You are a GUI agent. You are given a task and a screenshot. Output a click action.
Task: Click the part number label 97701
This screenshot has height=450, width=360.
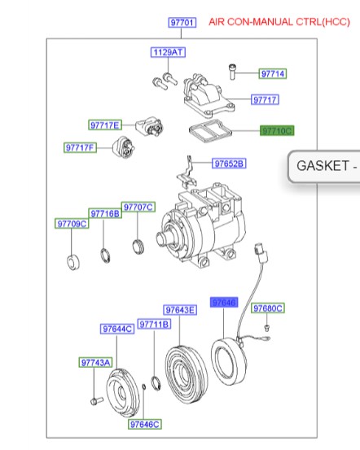(x=182, y=23)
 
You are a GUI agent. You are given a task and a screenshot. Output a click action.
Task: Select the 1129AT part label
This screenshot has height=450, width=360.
(x=169, y=53)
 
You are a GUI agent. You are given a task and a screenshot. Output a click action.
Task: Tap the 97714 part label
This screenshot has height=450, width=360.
(x=273, y=74)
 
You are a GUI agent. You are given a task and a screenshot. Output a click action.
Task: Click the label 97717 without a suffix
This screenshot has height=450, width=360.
(x=265, y=100)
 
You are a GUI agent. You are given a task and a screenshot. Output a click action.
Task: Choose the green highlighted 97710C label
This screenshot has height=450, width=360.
(x=276, y=130)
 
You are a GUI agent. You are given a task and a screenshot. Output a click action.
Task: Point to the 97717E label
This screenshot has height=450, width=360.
(x=105, y=125)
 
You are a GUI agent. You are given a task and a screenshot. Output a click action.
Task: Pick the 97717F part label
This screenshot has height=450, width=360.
(x=81, y=147)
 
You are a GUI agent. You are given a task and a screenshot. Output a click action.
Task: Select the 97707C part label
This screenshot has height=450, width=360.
(x=138, y=207)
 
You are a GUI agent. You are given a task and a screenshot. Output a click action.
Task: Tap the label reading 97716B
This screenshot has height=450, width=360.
(x=105, y=213)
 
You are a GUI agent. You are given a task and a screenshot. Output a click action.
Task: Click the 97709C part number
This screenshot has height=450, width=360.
(x=71, y=223)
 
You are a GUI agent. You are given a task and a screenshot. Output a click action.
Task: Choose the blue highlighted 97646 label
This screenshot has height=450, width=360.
(x=223, y=302)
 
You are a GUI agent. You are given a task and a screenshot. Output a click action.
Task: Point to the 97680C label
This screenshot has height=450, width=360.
(x=267, y=308)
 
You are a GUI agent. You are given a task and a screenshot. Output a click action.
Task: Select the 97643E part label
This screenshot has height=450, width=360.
(x=180, y=310)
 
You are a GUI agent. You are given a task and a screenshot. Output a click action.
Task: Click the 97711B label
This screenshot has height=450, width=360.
(x=153, y=324)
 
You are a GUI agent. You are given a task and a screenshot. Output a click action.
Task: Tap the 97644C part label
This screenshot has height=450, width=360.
(x=117, y=329)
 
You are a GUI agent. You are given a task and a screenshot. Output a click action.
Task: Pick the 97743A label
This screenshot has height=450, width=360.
(x=94, y=362)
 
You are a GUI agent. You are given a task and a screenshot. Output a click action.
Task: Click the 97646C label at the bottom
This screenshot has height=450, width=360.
(x=144, y=424)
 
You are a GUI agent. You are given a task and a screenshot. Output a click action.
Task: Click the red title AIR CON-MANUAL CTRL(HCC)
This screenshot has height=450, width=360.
(x=279, y=22)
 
